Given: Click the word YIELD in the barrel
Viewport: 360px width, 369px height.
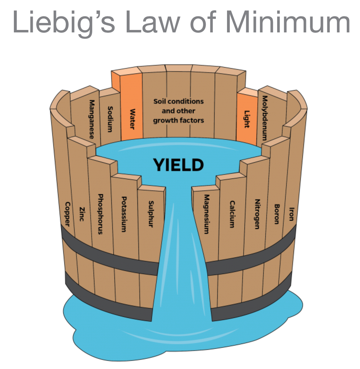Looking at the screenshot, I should coord(179,165).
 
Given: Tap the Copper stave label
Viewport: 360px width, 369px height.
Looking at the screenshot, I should coord(68,214).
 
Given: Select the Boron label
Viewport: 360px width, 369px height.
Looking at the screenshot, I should coord(277,214).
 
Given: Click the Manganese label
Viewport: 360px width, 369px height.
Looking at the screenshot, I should coord(92,119).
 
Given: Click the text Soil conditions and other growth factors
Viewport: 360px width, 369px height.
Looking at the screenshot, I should coord(179,111).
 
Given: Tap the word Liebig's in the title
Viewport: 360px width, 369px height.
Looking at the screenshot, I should coord(56,22).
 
